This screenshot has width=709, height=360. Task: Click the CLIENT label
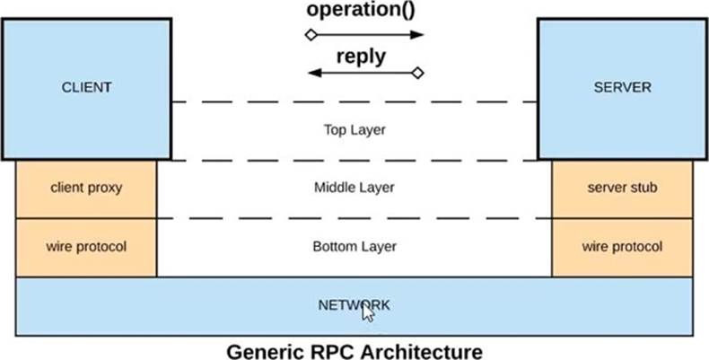click(86, 87)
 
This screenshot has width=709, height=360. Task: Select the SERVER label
click(623, 87)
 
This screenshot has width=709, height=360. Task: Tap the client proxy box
click(86, 189)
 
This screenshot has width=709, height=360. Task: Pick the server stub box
click(622, 189)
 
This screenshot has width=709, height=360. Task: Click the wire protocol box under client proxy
click(86, 248)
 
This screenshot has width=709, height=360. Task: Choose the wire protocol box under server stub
click(622, 248)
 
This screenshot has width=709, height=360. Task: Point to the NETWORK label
click(354, 305)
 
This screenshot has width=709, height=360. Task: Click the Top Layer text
click(354, 130)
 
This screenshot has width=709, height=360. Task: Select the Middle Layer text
click(354, 188)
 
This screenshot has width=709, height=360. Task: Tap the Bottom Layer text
click(354, 247)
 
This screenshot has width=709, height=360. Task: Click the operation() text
click(361, 10)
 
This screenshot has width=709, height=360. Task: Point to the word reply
click(362, 57)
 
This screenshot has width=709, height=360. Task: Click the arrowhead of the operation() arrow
click(417, 35)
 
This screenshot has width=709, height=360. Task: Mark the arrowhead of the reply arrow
click(315, 73)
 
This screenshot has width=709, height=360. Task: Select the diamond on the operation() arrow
click(311, 35)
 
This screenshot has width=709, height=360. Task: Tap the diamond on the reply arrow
click(418, 73)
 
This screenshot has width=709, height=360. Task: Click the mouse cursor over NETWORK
click(368, 312)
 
